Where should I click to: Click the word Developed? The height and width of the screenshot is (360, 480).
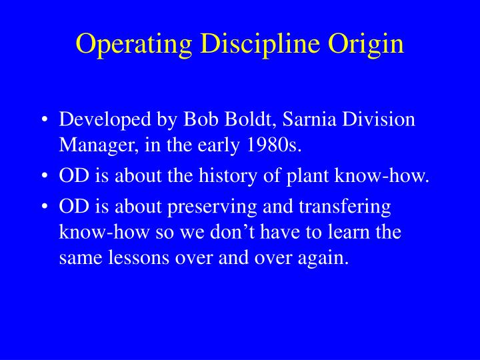99,120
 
